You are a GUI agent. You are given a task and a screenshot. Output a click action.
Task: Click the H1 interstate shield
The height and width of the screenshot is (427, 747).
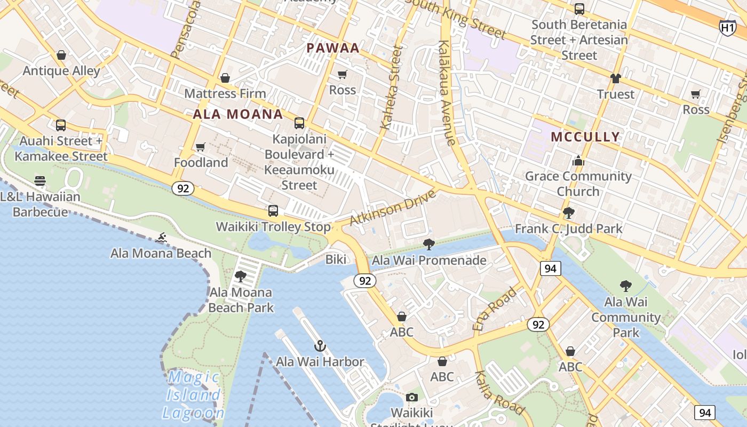(727, 27)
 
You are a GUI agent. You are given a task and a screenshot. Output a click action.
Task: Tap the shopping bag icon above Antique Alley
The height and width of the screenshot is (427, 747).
(61, 55)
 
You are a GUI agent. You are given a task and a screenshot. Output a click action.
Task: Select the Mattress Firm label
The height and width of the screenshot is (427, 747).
(225, 93)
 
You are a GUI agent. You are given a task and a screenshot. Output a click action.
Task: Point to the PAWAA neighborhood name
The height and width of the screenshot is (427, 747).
(333, 48)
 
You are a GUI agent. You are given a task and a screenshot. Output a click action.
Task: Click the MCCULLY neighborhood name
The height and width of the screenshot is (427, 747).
(585, 137)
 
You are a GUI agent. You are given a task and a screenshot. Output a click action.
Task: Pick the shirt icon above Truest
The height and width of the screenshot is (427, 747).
(616, 78)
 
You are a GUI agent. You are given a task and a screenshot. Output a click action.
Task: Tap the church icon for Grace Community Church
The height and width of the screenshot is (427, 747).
(578, 161)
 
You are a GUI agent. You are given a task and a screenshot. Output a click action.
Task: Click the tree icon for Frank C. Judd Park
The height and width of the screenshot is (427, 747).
(569, 213)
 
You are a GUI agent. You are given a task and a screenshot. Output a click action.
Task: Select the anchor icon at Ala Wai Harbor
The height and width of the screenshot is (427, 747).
(320, 346)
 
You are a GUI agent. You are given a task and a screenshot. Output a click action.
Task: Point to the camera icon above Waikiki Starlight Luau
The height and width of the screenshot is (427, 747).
(411, 397)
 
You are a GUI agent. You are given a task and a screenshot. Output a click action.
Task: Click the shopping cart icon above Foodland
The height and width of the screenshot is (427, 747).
(201, 147)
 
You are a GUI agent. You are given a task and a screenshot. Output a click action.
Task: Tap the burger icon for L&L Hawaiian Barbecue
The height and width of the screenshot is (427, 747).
(40, 180)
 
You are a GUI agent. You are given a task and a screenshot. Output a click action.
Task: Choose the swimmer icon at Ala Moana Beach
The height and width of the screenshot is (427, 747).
(161, 238)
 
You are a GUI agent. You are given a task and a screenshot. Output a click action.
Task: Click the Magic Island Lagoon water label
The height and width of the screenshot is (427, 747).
(193, 395)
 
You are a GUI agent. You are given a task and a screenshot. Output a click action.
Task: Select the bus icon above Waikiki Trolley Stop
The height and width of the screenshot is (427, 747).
(273, 210)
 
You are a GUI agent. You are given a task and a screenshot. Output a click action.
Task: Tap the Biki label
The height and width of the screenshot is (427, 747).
(336, 260)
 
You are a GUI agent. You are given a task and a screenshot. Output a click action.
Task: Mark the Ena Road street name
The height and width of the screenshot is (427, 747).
(495, 309)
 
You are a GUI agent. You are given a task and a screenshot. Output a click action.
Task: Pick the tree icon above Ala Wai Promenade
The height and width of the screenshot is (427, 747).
(428, 244)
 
